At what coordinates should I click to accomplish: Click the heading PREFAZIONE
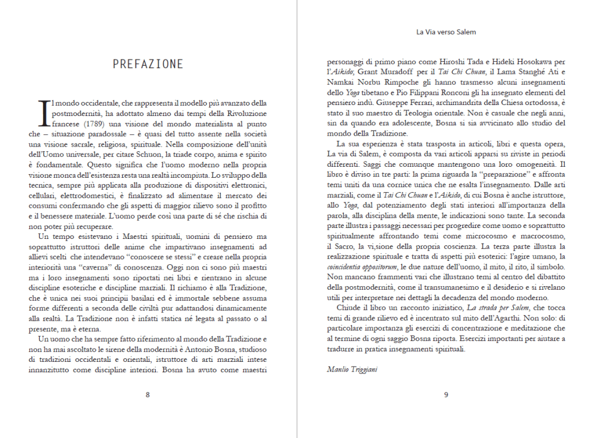coord(148,64)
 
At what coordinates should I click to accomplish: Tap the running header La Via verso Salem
coord(446,32)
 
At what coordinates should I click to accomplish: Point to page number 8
coord(148,395)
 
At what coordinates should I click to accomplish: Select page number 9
coord(446,395)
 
